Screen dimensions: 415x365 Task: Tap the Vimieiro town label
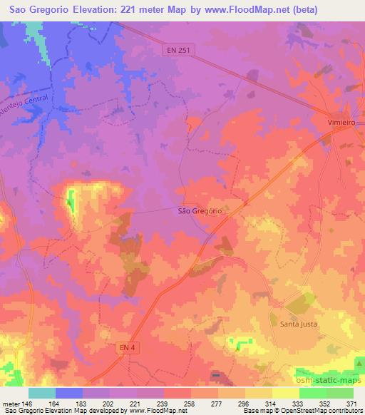point(341,123)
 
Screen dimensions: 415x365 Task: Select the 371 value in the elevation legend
point(352,403)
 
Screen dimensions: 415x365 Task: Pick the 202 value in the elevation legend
point(109,403)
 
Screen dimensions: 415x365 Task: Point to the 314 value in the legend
point(272,403)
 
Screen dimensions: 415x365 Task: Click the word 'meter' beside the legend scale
point(9,403)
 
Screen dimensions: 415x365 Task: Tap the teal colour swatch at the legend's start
point(42,393)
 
